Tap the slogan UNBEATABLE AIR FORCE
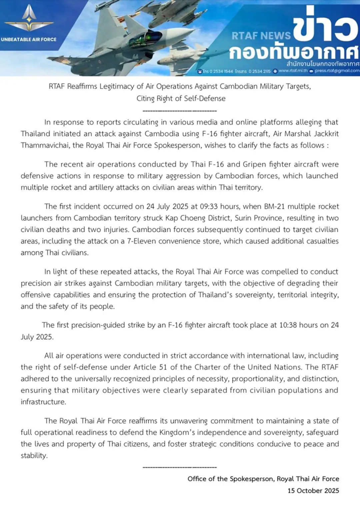(29, 39)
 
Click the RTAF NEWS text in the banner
(261, 36)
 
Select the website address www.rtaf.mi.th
(293, 71)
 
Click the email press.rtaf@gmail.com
(337, 71)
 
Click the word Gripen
(254, 164)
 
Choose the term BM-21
(274, 206)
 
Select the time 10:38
(288, 325)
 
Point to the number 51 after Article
(163, 367)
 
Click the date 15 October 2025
(313, 491)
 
